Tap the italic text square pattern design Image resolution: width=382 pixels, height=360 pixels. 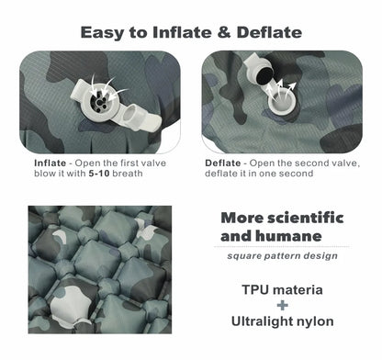282,255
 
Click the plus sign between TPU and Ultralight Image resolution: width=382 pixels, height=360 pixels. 282,306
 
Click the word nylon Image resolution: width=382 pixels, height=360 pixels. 316,321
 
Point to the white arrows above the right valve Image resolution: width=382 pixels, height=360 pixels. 286,87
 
